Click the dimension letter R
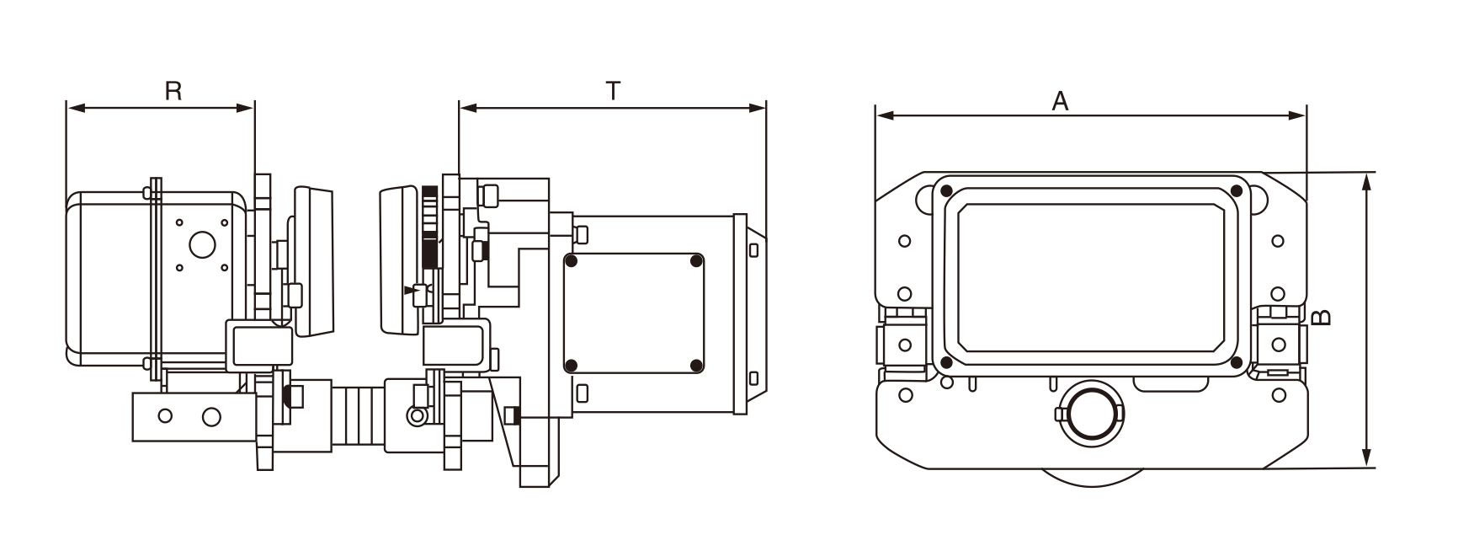pos(173,90)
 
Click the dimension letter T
pos(613,90)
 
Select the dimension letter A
pos(1060,101)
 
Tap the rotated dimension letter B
pos(1322,318)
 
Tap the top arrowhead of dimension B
pos(1368,183)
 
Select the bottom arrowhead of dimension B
pos(1368,457)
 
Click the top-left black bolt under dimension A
pos(946,190)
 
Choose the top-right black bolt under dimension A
pos(1237,190)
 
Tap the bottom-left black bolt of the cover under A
pos(946,362)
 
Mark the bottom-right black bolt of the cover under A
pos(1237,362)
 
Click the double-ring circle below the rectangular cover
pos(1089,412)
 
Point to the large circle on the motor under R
pos(201,245)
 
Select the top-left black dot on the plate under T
pos(572,261)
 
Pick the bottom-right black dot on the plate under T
pos(695,365)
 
